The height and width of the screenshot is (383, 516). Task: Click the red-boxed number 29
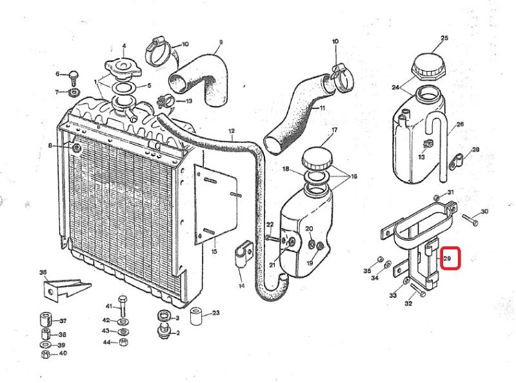[450, 260]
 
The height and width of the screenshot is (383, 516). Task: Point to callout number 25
[444, 39]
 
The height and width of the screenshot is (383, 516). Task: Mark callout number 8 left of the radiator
[50, 147]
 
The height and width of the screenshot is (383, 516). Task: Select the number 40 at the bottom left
[62, 354]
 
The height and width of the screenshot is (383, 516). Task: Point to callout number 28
[476, 150]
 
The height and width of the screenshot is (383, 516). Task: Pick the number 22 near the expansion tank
[270, 224]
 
